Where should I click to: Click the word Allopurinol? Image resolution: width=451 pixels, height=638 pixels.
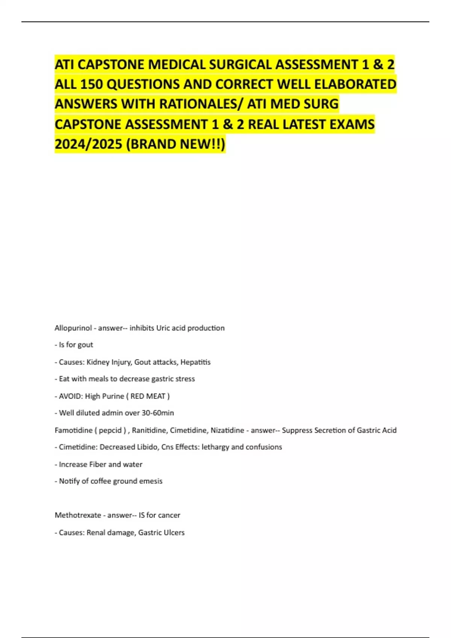(73, 328)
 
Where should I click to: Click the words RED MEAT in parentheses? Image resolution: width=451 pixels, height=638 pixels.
(148, 396)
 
